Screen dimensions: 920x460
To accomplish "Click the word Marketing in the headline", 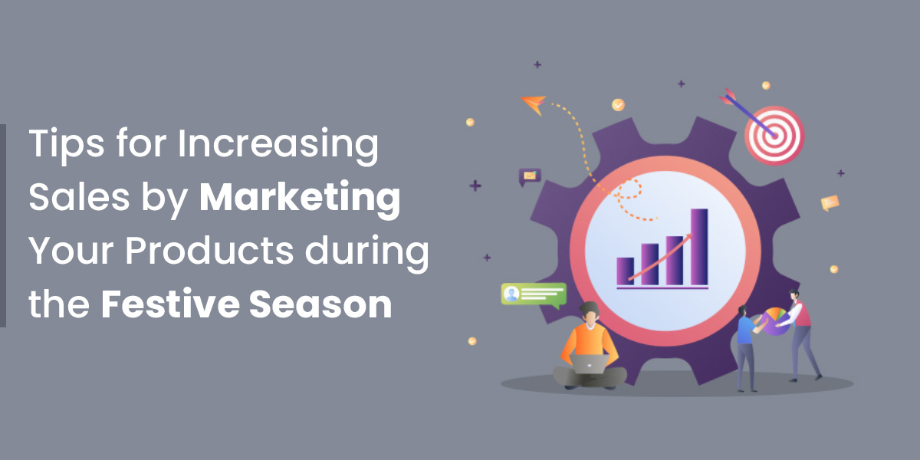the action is [300, 199].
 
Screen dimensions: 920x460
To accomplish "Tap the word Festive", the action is [170, 304].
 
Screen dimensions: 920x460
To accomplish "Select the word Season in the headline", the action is [320, 304].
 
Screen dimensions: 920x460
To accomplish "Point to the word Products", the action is [209, 251].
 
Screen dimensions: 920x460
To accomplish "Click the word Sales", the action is [79, 198].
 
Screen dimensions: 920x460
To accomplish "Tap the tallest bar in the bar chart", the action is [699, 246].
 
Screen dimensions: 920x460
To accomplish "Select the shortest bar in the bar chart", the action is [625, 271].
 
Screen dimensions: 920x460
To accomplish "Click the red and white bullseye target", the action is [774, 136].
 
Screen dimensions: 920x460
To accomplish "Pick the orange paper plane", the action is [534, 104].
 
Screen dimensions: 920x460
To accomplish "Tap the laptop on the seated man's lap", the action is [589, 364].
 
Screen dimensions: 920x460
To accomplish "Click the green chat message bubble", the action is [534, 295].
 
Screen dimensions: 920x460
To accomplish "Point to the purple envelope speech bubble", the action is [530, 176].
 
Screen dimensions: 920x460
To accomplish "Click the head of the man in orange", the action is [590, 314].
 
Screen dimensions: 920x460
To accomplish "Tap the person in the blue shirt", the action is [747, 348].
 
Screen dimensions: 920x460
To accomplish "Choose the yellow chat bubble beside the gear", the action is [830, 203].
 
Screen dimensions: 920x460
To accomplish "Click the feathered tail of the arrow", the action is [727, 96].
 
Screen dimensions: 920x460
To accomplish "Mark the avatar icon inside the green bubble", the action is [512, 294].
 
